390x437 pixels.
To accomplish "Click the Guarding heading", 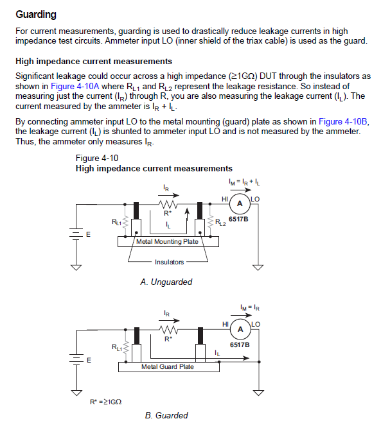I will pyautogui.click(x=36, y=14).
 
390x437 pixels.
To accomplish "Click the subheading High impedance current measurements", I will pyautogui.click(x=93, y=62).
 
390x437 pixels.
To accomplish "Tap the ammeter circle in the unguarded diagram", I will pyautogui.click(x=240, y=204).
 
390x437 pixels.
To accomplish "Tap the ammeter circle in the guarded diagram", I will pyautogui.click(x=240, y=329).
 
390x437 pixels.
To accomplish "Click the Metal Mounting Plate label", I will pyautogui.click(x=167, y=242).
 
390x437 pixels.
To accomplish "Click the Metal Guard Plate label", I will pyautogui.click(x=167, y=366).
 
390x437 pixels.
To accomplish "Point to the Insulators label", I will pyautogui.click(x=169, y=262).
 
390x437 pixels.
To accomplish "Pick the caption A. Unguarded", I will pyautogui.click(x=166, y=282).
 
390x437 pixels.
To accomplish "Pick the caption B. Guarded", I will pyautogui.click(x=166, y=415).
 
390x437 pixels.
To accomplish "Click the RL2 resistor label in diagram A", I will pyautogui.click(x=220, y=223).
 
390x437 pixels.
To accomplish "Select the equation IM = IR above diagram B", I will pyautogui.click(x=249, y=307).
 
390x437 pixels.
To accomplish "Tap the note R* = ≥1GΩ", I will pyautogui.click(x=106, y=402).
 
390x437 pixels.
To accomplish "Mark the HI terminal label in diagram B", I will pyautogui.click(x=224, y=324).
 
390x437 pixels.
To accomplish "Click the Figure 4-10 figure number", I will pyautogui.click(x=96, y=158).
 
